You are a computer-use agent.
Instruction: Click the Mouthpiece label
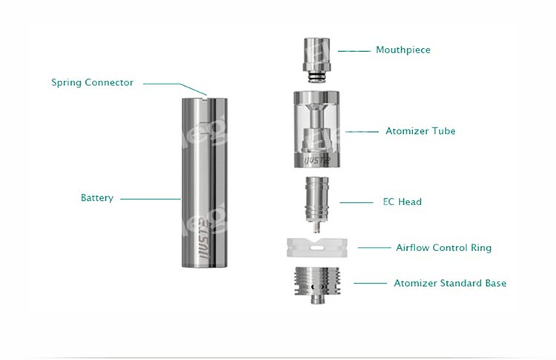[403, 50]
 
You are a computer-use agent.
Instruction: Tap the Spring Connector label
[93, 82]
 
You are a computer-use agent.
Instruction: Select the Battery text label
[97, 199]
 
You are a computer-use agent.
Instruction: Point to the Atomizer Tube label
[420, 131]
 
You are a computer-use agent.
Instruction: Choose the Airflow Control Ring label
[443, 247]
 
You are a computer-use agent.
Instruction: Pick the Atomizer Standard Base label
[450, 283]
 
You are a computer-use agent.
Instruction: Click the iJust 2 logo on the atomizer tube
[315, 160]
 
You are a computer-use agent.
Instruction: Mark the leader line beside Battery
[150, 199]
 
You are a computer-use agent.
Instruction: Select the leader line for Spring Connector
[173, 83]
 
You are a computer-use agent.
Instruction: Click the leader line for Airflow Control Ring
[374, 247]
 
